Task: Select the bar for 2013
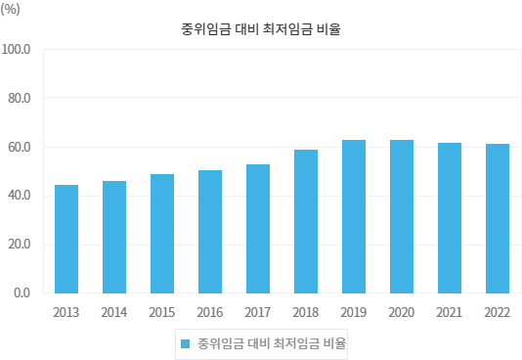click(x=66, y=239)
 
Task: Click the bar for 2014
click(x=114, y=237)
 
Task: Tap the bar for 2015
click(x=162, y=234)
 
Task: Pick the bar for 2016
click(x=210, y=232)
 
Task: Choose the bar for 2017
click(x=258, y=229)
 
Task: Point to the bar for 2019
click(x=354, y=216)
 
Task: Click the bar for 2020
click(x=402, y=216)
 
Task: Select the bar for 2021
click(x=450, y=218)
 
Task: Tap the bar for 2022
click(x=498, y=218)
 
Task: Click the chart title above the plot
click(x=261, y=29)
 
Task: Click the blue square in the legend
click(x=185, y=343)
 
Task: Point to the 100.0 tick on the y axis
click(x=18, y=49)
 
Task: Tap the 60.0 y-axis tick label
click(x=21, y=147)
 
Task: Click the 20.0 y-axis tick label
click(x=21, y=245)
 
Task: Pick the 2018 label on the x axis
click(x=306, y=312)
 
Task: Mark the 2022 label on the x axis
click(x=498, y=312)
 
